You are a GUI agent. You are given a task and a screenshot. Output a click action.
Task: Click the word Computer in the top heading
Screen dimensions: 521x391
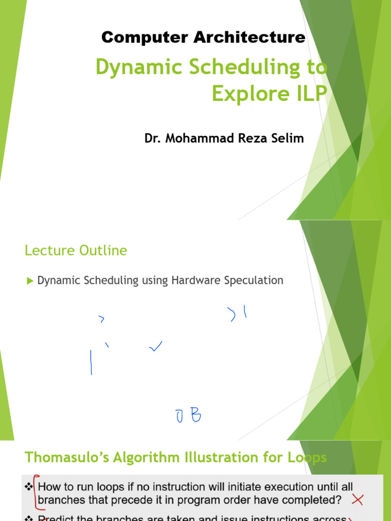point(134,37)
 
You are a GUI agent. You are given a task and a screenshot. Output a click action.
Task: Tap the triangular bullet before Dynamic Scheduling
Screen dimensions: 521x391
point(30,280)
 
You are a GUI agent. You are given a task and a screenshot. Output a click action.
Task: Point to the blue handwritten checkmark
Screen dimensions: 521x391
point(156,348)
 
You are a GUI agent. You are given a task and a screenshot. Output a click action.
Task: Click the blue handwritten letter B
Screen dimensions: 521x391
point(195,417)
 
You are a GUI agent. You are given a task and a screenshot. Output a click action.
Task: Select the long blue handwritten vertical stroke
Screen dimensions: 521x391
point(91,362)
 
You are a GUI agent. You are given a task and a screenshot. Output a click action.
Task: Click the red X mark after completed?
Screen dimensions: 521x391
point(357,500)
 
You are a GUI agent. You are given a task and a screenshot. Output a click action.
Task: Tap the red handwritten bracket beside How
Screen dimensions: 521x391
point(35,494)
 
